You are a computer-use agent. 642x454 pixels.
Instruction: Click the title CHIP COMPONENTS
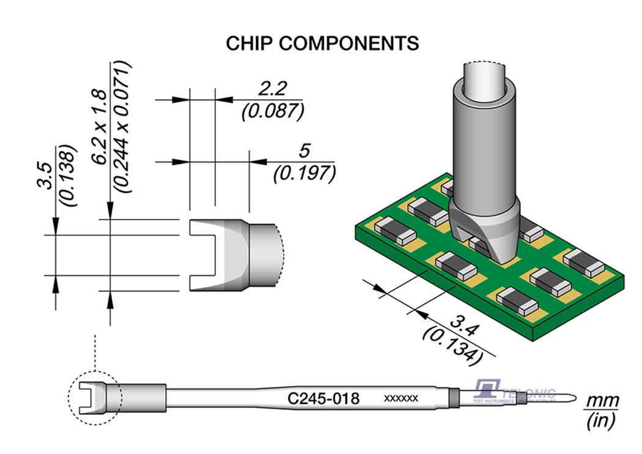[x=322, y=44]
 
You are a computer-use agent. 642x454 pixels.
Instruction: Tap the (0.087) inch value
[x=273, y=111]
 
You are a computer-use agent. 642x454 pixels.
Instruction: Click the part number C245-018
[x=323, y=398]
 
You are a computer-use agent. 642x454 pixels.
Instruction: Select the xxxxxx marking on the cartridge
[x=400, y=398]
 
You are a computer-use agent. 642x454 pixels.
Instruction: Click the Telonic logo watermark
[x=514, y=392]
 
